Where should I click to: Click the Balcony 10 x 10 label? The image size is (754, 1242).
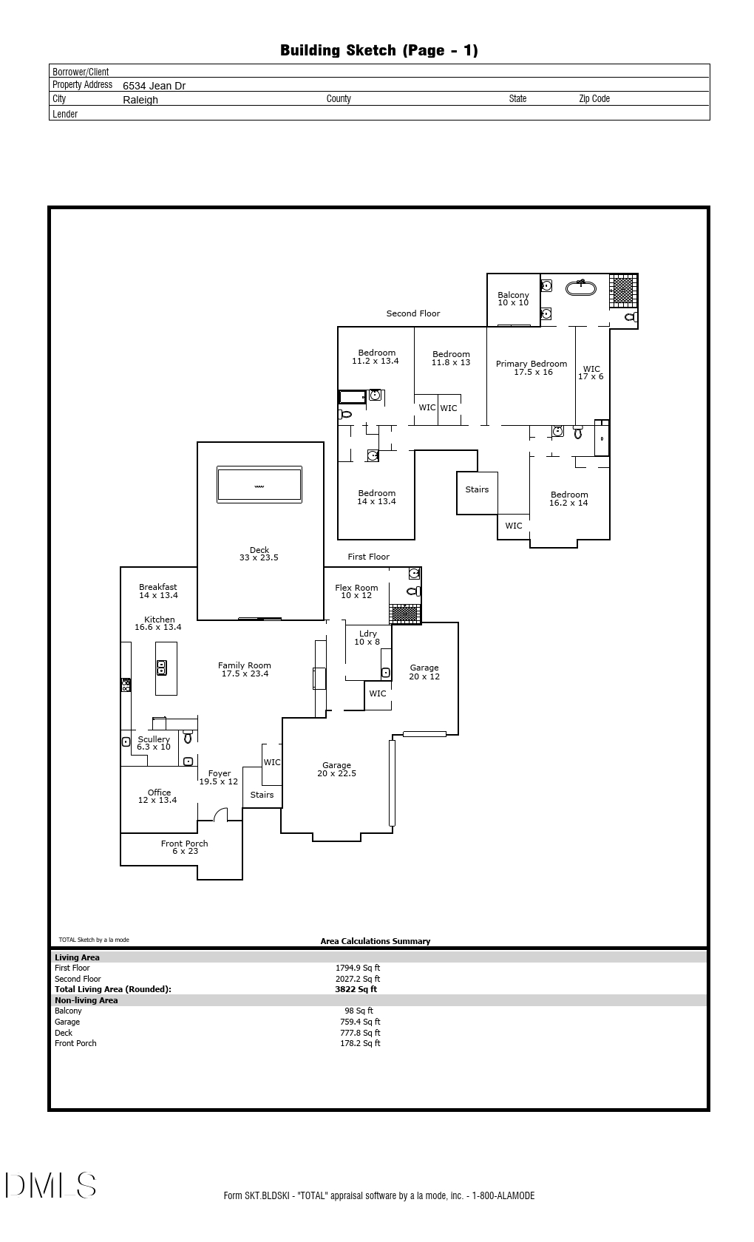[x=513, y=299]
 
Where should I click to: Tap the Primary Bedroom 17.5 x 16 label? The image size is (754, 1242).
[x=531, y=368]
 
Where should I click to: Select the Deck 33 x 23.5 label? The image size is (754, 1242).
[x=259, y=554]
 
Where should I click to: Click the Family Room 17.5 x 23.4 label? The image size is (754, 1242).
[x=244, y=670]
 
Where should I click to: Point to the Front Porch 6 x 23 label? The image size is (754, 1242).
[x=184, y=847]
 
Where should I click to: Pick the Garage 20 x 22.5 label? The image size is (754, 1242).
[x=336, y=770]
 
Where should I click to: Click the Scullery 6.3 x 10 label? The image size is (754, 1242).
[x=154, y=743]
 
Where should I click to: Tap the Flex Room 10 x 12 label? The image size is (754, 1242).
[x=356, y=591]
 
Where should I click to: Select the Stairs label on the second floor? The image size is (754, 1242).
[x=477, y=489]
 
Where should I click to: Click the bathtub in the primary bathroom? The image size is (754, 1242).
[x=581, y=288]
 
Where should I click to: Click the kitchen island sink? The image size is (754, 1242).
[x=162, y=668]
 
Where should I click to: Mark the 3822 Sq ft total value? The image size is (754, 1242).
[x=356, y=989]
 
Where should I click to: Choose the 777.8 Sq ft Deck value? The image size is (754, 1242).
[x=360, y=1033]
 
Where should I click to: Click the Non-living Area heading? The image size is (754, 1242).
[x=86, y=1000]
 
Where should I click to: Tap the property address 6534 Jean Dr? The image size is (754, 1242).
[x=154, y=86]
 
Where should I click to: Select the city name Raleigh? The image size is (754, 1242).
[x=140, y=100]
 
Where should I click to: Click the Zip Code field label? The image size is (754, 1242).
[x=594, y=99]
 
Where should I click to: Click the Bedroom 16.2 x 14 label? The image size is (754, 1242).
[x=568, y=499]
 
